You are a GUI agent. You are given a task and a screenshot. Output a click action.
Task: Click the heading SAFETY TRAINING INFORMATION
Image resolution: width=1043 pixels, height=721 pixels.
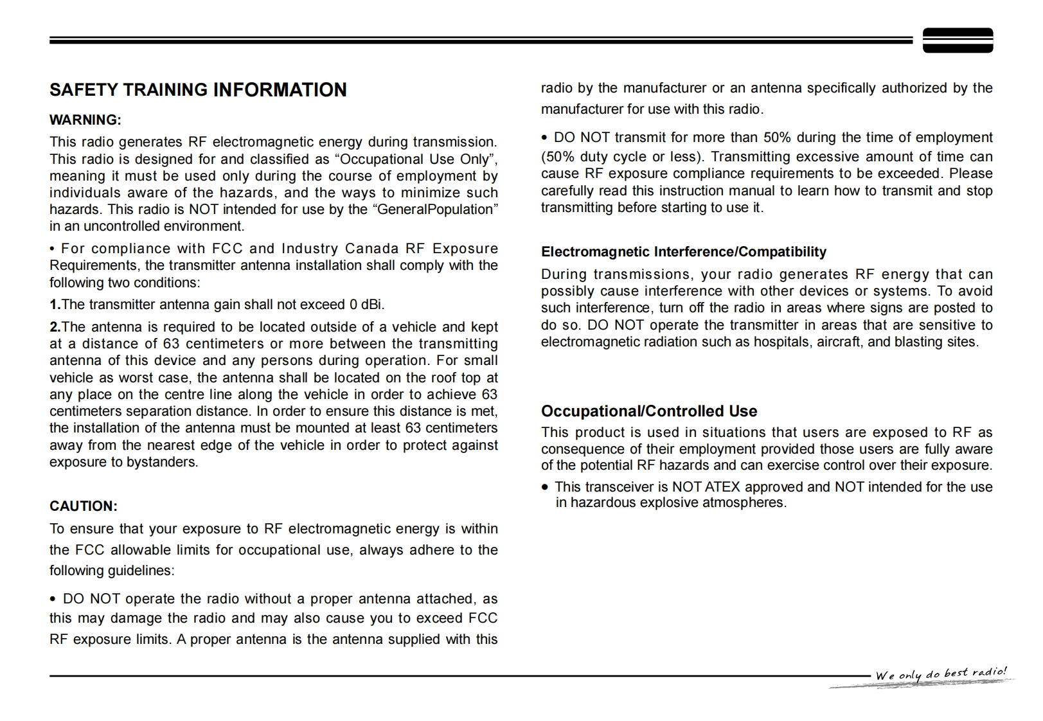point(198,90)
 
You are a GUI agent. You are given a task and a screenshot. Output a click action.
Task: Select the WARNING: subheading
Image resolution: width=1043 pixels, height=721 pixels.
point(85,120)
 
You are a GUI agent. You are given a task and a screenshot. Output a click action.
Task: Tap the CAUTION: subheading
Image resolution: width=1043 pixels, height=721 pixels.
point(84,506)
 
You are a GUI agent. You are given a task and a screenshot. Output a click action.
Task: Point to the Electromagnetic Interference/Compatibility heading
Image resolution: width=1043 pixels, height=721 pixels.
point(683,252)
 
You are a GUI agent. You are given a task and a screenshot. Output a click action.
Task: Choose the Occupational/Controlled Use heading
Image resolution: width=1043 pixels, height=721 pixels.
point(648,411)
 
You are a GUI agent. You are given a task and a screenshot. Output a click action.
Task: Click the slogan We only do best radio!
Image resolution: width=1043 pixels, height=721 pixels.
point(941,674)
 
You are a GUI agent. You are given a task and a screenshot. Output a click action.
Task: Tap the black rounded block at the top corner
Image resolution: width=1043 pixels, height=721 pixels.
point(958,40)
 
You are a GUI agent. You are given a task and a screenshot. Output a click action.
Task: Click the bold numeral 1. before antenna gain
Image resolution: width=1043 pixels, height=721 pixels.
point(55,305)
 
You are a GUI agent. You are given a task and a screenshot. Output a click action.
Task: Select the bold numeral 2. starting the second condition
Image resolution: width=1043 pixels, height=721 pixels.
point(55,327)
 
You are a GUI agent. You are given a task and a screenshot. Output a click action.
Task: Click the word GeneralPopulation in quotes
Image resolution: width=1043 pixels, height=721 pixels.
point(434,209)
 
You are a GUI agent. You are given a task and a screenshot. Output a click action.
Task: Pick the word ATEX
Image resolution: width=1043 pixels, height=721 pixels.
point(722,487)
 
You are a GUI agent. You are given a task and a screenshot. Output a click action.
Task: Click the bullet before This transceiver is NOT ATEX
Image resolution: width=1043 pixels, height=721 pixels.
point(546,488)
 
